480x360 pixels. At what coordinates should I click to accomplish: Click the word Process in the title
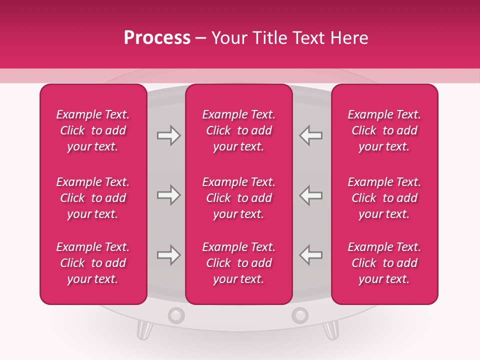click(x=157, y=38)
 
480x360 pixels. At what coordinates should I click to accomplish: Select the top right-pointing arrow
click(x=168, y=135)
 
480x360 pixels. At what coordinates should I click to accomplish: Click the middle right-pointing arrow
click(x=168, y=195)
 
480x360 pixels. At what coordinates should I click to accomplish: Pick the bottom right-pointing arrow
click(x=168, y=255)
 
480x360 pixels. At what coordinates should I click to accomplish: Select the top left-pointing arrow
click(x=311, y=135)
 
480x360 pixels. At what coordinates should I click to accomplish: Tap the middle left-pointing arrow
click(x=311, y=195)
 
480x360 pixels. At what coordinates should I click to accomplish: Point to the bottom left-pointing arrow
click(x=311, y=255)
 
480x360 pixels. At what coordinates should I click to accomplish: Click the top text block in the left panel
click(x=93, y=130)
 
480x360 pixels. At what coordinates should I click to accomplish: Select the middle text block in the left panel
click(x=93, y=198)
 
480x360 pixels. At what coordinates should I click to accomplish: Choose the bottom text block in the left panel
click(x=93, y=263)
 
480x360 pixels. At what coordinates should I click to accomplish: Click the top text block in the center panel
click(x=239, y=130)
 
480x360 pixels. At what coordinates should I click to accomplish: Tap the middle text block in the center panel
click(x=239, y=198)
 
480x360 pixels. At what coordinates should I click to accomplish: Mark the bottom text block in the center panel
click(x=239, y=263)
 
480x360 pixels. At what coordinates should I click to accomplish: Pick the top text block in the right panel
click(x=384, y=130)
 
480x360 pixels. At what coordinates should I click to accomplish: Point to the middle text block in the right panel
click(x=384, y=198)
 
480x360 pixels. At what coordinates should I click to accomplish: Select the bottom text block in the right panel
click(x=384, y=263)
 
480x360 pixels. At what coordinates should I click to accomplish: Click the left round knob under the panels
click(x=176, y=315)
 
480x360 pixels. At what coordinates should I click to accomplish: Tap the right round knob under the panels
click(x=300, y=315)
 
